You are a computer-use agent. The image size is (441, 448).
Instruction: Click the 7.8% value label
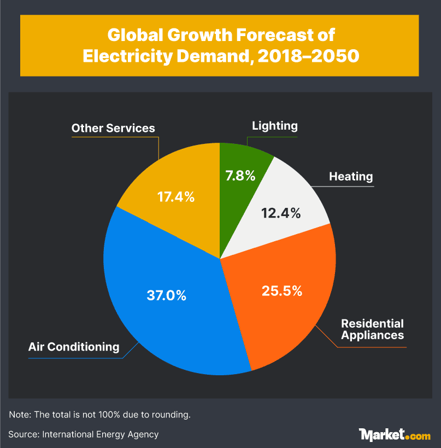[x=240, y=176]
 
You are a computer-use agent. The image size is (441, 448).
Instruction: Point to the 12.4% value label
[x=279, y=213]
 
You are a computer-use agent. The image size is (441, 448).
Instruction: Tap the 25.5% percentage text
[x=281, y=291]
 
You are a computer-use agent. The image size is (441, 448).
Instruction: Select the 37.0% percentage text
[x=167, y=295]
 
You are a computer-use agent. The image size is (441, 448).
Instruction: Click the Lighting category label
[x=274, y=126]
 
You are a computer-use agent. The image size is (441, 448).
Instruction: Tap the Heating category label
[x=351, y=177]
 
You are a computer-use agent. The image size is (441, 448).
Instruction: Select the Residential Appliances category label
[x=372, y=329]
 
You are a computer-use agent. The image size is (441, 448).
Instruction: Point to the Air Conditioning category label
[x=74, y=347]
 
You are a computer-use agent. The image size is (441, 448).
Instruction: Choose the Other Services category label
[x=113, y=129]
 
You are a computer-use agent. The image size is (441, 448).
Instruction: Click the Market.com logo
[x=395, y=434]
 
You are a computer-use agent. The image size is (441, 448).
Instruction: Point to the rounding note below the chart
[x=100, y=414]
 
